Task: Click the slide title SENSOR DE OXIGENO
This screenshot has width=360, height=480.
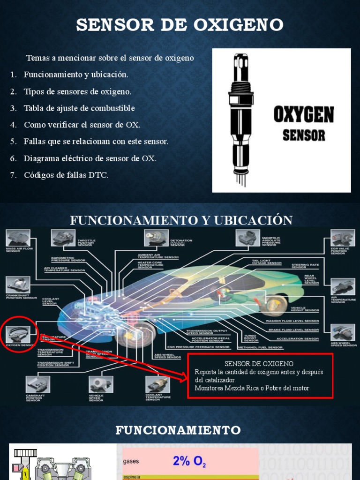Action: click(x=180, y=25)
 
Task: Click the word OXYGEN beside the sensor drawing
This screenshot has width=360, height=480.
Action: click(x=304, y=115)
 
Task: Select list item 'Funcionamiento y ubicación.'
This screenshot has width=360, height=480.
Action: click(x=76, y=75)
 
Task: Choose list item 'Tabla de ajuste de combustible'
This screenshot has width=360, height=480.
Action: click(x=79, y=108)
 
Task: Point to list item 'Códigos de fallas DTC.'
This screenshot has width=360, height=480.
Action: click(x=66, y=175)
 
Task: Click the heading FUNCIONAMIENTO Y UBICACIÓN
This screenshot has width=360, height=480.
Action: click(x=181, y=220)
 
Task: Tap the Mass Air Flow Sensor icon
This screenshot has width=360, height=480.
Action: click(x=18, y=238)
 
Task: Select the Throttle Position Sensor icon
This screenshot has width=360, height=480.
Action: click(x=63, y=237)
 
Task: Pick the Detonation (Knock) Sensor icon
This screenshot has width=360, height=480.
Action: click(x=156, y=237)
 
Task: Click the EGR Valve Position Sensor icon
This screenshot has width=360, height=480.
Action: click(x=342, y=238)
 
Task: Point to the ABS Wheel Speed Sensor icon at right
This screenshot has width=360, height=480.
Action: click(x=343, y=332)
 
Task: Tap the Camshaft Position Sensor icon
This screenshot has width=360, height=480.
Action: click(x=37, y=384)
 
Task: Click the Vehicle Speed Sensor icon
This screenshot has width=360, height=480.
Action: click(x=101, y=384)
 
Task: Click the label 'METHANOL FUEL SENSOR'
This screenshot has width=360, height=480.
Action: click(x=260, y=347)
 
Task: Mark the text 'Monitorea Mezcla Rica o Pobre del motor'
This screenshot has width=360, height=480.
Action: click(x=252, y=388)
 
